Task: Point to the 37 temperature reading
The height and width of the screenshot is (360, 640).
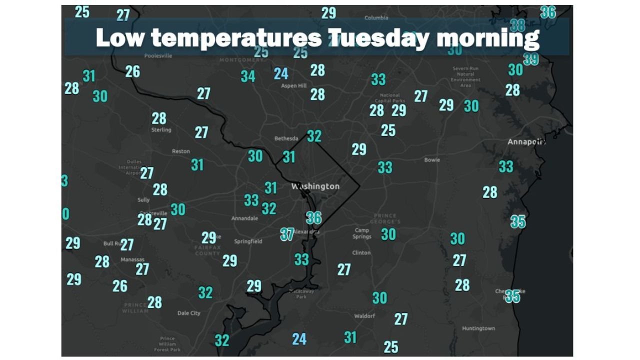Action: coord(287,234)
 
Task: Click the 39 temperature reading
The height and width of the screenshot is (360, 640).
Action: coord(530,59)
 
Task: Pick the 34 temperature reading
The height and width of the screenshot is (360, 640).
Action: coord(248,76)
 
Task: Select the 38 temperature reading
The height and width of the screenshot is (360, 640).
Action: coord(517,25)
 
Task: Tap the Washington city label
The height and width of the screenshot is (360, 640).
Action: coord(315,186)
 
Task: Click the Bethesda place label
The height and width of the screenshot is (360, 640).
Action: coord(286,138)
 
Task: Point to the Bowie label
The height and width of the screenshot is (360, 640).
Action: coord(432,160)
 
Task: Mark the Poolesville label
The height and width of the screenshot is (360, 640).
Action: coord(158,56)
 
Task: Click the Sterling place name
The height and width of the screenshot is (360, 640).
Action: coord(161,130)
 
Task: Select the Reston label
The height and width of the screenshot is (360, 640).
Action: coord(181,151)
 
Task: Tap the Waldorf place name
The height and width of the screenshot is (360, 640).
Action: coord(364,316)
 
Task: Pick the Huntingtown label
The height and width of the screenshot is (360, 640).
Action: coord(478,328)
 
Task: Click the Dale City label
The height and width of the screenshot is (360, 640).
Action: coord(189,313)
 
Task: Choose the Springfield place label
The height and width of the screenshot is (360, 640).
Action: coord(248,241)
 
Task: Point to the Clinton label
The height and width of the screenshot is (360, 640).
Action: coord(361,252)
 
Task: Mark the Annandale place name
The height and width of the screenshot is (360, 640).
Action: coord(244,218)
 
